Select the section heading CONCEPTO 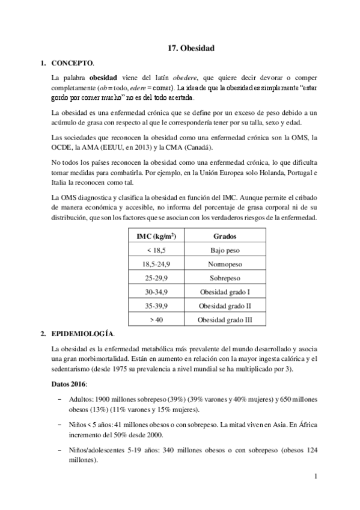73,63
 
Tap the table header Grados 224,236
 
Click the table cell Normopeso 224,263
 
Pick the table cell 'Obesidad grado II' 224,306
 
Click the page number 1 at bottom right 315,476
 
